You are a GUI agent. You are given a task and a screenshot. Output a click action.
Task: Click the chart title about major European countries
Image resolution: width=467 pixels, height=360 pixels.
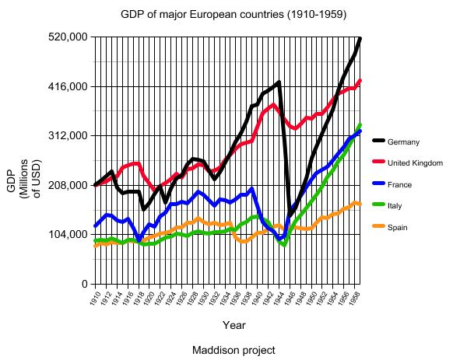(x=233, y=15)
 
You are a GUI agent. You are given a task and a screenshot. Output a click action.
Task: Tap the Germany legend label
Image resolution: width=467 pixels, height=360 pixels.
(x=403, y=142)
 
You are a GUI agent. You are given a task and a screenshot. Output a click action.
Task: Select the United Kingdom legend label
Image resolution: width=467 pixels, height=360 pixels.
(x=415, y=163)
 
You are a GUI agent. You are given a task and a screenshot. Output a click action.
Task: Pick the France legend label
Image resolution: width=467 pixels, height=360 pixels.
(x=399, y=185)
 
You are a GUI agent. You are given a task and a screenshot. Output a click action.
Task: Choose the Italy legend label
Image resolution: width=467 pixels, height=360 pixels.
(x=395, y=206)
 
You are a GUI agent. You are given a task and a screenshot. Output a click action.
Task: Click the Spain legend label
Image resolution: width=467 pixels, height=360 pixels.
(x=398, y=228)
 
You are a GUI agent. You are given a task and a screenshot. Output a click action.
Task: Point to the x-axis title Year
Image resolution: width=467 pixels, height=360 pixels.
(x=233, y=324)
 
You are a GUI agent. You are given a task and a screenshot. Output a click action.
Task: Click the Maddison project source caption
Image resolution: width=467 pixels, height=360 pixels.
(x=233, y=350)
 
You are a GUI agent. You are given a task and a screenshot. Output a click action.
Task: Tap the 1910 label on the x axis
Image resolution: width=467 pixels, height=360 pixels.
(x=93, y=298)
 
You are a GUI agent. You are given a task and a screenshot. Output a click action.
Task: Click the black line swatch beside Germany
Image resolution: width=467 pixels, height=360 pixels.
(x=379, y=142)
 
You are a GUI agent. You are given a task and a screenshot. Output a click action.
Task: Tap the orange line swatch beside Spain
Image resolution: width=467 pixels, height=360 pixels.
(x=379, y=228)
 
